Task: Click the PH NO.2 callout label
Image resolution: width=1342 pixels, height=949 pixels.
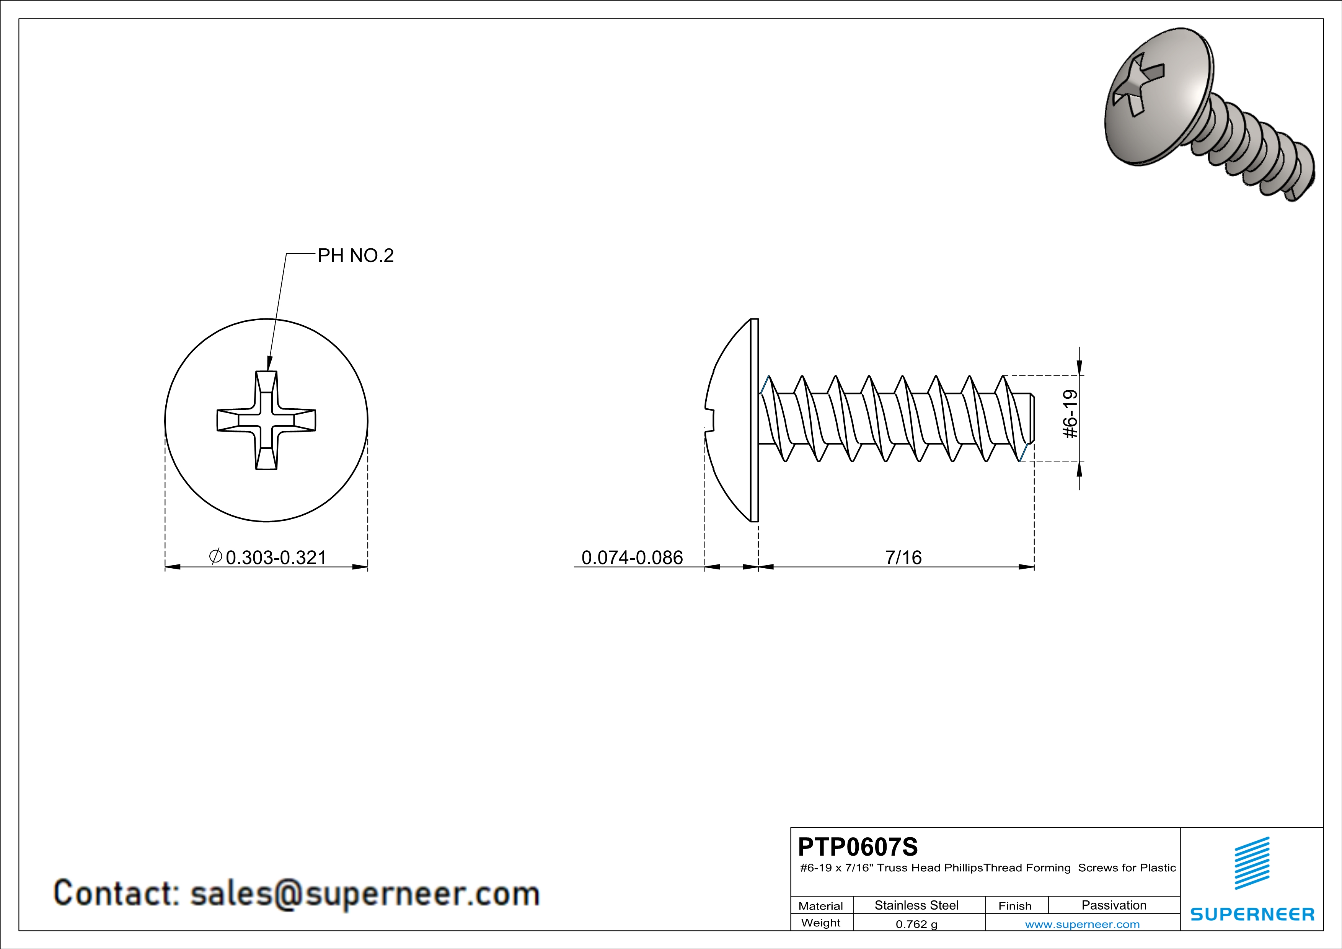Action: tap(355, 255)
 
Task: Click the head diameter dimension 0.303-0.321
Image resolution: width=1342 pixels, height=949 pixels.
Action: tap(275, 558)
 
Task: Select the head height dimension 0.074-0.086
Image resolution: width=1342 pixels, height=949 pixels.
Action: tap(632, 558)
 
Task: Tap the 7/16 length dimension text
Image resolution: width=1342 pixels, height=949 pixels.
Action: tap(903, 558)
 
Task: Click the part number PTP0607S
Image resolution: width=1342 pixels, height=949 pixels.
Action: tap(858, 847)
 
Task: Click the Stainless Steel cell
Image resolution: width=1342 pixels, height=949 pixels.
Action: tap(916, 905)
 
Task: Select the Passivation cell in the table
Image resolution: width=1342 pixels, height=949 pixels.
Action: tap(1114, 905)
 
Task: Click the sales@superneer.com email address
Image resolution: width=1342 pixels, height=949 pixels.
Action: tap(365, 894)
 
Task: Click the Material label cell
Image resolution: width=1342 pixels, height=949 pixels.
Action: tap(821, 906)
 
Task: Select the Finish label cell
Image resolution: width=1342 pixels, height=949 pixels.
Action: tap(1015, 906)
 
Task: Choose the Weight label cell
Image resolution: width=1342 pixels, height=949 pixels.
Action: tap(821, 923)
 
